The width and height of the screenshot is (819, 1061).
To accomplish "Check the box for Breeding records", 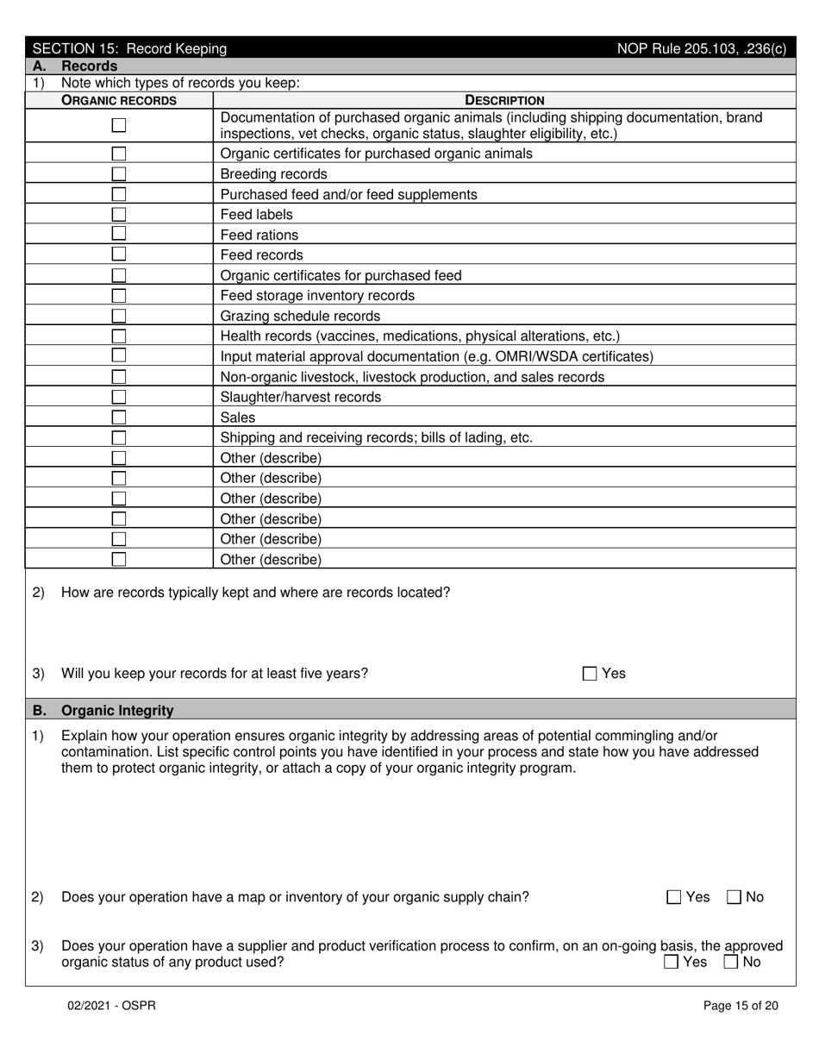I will point(119,173).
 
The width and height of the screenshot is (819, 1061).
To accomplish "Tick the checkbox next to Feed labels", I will point(119,214).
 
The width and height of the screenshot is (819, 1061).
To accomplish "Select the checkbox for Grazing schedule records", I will point(119,316).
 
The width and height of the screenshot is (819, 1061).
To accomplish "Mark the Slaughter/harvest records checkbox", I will point(119,397).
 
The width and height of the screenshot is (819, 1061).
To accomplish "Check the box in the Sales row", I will point(119,417).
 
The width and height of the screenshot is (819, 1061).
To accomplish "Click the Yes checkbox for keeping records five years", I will point(590,674).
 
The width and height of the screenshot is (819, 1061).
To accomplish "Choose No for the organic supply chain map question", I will point(735,897).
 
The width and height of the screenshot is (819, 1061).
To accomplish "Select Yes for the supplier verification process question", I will point(672,962).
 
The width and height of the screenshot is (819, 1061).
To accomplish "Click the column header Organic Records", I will point(119,100).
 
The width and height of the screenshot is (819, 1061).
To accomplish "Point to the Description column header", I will point(504,100).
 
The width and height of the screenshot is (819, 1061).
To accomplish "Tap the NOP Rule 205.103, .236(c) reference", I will point(701,49).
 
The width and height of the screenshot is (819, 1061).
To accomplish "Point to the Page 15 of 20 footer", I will point(741,1005).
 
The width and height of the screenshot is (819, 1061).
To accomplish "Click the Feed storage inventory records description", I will point(317,296).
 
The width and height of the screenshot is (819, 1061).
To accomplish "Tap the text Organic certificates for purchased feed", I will point(341,275).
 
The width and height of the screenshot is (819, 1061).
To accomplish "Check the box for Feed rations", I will point(119,235).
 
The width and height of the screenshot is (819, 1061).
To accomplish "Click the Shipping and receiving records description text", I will point(376,437).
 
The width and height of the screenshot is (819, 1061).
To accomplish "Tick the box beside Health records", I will point(119,336).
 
